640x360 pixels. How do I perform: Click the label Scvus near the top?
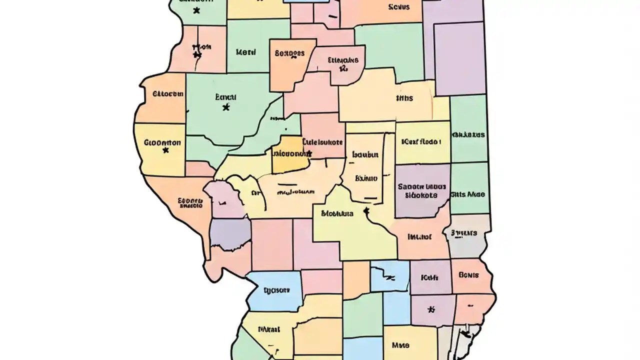click(x=398, y=7)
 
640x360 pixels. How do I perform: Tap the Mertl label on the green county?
click(x=245, y=51)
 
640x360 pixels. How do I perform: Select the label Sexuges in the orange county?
click(x=289, y=52)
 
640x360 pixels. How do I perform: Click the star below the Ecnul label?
click(x=226, y=106)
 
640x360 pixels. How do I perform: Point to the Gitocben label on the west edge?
click(x=168, y=93)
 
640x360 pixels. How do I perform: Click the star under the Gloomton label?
click(x=165, y=149)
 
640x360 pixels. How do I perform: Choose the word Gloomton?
click(x=162, y=142)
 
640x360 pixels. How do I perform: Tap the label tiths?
click(x=404, y=98)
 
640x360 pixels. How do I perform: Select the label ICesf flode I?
click(x=421, y=141)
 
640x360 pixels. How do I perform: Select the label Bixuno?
click(x=366, y=177)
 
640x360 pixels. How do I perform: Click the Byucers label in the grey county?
click(x=464, y=232)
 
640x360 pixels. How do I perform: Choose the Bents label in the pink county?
click(x=468, y=275)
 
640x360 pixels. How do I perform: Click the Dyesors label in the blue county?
click(x=276, y=289)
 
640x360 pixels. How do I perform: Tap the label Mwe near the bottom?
click(x=400, y=345)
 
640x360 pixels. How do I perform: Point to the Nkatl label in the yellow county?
click(x=269, y=329)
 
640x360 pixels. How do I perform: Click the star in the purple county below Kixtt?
click(x=431, y=309)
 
